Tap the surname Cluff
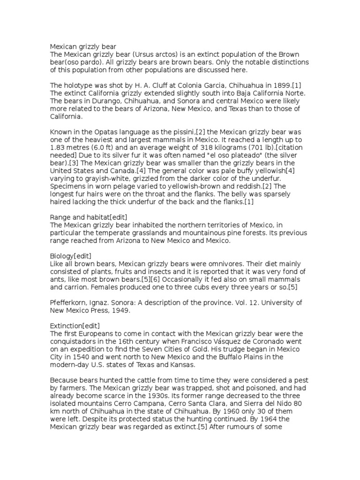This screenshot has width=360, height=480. (x=152, y=85)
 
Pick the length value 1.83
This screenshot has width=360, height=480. (x=59, y=147)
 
